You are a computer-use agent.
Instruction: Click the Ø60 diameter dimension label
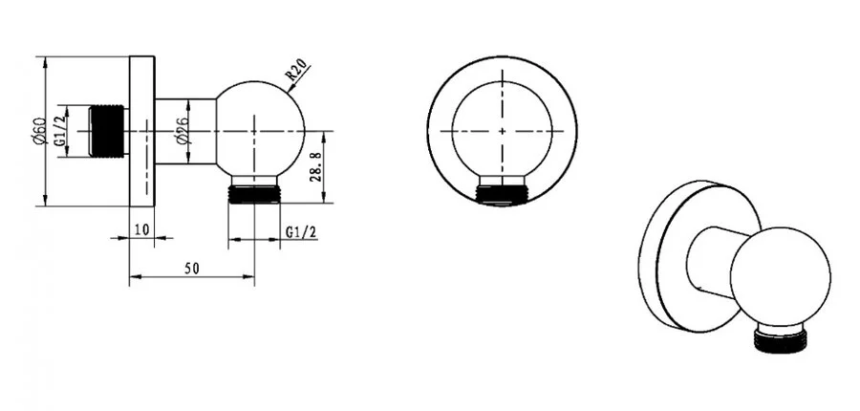36,130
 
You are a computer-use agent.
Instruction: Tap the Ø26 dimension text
179,130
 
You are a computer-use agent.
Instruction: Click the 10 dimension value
141,229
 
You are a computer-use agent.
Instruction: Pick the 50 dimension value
191,269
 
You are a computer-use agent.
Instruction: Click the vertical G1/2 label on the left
59,130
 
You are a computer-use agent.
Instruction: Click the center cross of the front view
503,130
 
